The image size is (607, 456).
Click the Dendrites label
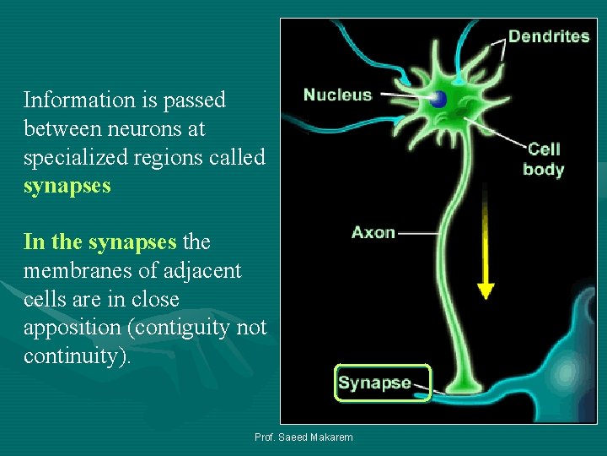[x=548, y=36]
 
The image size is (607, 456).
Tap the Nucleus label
[x=337, y=95]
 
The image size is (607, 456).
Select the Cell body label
[x=543, y=159]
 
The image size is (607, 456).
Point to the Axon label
[x=373, y=231]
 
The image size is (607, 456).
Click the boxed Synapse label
[x=375, y=383]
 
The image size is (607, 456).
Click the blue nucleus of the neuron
[x=438, y=99]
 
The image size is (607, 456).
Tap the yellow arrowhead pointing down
[x=485, y=290]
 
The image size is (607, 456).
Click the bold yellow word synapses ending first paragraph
[x=67, y=186]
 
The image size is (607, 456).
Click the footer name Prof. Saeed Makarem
[x=303, y=437]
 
